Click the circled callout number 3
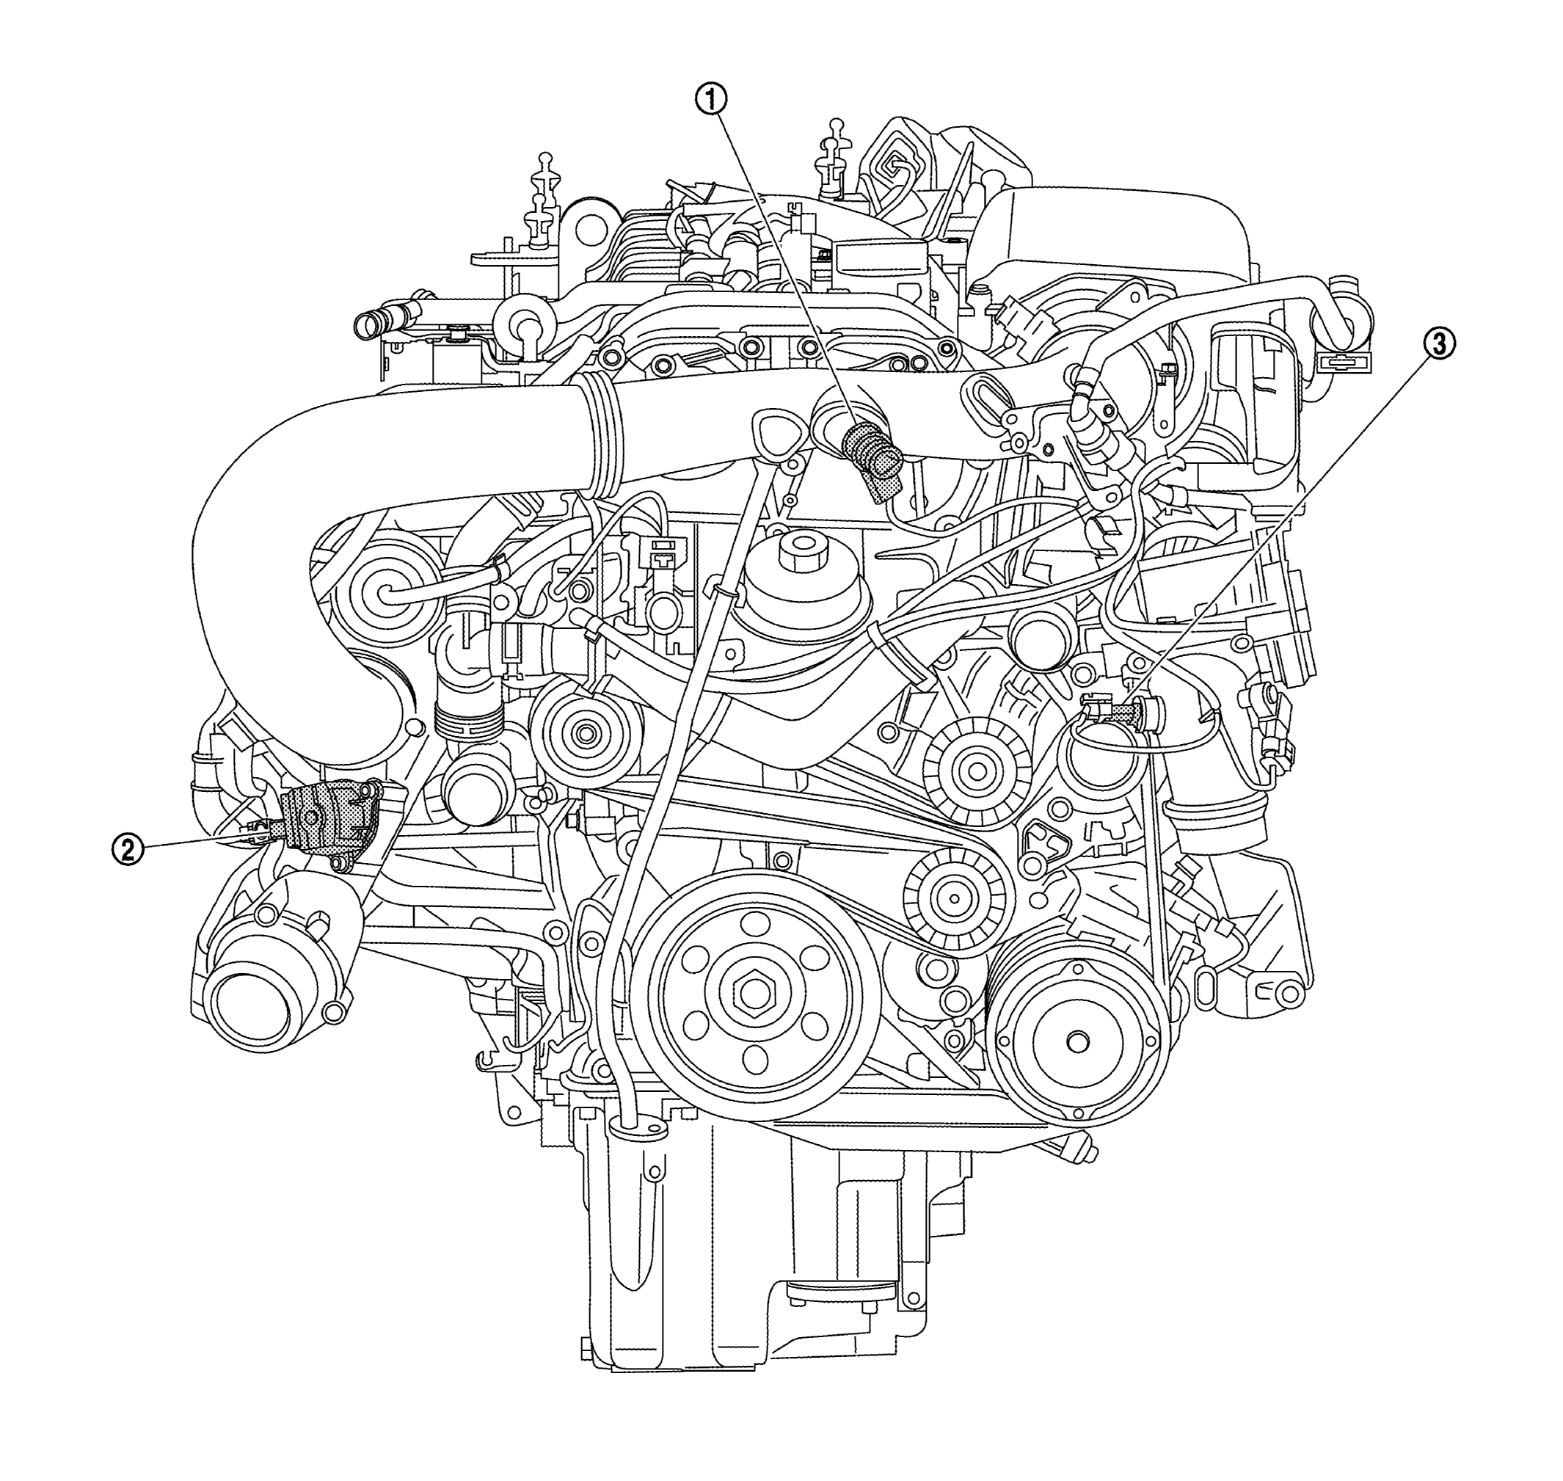coord(1440,344)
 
